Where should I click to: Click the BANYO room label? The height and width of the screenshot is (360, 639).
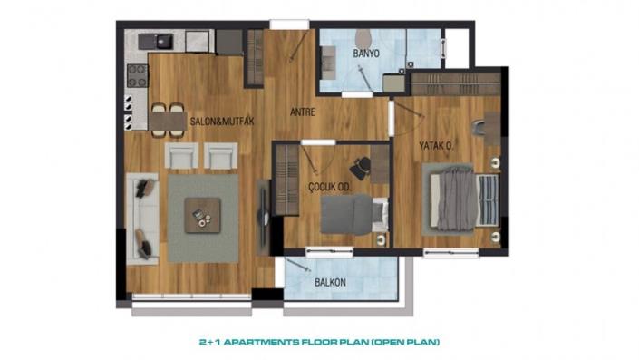pyautogui.click(x=366, y=53)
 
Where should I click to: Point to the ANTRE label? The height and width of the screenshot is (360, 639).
pyautogui.click(x=302, y=113)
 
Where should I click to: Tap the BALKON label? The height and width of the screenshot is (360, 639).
pyautogui.click(x=331, y=282)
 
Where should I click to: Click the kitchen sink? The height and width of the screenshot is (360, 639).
pyautogui.click(x=163, y=40)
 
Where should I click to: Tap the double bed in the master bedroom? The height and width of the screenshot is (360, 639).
pyautogui.click(x=463, y=195)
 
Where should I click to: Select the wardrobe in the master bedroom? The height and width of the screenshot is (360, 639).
pyautogui.click(x=450, y=83)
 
